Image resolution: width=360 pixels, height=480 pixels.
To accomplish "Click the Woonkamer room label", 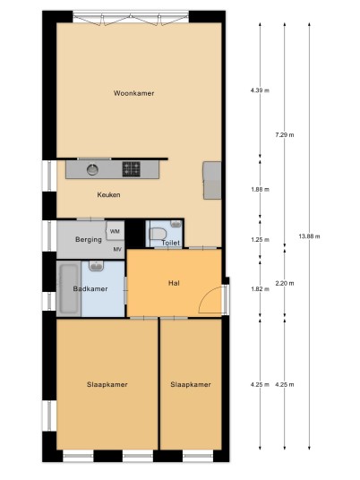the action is tap(133, 93).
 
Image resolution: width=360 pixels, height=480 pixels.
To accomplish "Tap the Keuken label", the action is tap(108, 194).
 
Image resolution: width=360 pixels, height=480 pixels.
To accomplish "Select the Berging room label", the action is tap(89, 239).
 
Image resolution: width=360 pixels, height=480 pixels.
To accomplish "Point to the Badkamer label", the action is tap(90, 288).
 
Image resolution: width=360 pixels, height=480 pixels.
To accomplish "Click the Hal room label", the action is tap(174, 283).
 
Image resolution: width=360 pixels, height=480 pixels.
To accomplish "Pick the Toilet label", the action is tap(170, 243).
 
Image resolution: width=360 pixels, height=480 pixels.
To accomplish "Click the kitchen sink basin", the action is tap(92, 169).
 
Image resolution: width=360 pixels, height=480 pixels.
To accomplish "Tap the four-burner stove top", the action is tap(132, 169).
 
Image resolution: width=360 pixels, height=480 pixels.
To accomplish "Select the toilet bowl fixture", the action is tap(158, 234).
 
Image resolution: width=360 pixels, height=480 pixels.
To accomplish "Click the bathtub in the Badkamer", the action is tap(68, 288).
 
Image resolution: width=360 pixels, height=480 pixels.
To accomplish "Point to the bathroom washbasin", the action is tap(97, 266).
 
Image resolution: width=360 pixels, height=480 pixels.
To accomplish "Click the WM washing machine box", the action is tap(116, 231).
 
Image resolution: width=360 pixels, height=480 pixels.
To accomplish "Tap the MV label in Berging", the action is tap(117, 250).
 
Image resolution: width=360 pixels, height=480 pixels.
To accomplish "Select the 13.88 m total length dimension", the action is tap(309, 236).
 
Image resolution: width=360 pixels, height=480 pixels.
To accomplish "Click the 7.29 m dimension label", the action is tap(285, 134).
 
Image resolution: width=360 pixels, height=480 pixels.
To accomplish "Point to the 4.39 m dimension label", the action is tap(260, 90).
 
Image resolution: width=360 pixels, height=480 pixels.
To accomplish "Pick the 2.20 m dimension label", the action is tap(285, 283).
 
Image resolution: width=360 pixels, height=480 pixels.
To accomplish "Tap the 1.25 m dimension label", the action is tap(261, 240).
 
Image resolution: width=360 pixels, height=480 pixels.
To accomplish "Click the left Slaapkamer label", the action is tap(107, 384).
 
